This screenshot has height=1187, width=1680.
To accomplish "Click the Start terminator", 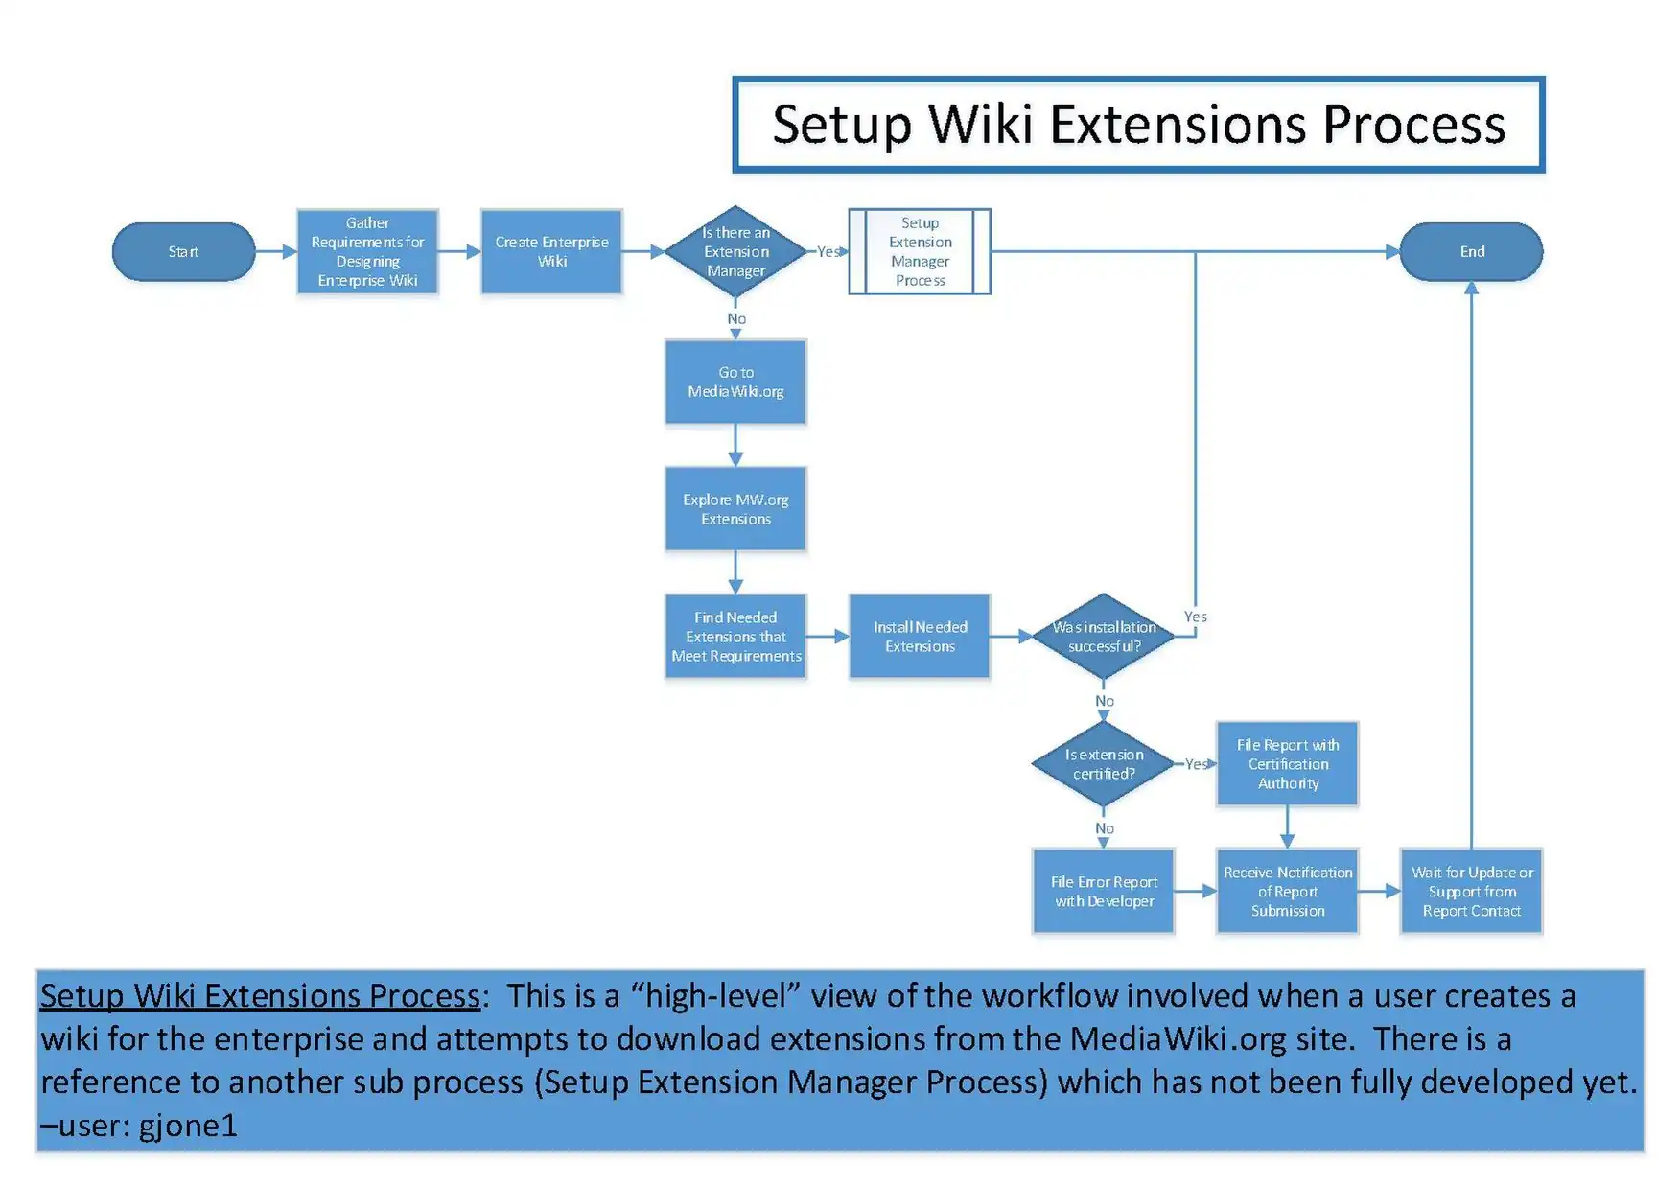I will pyautogui.click(x=183, y=252).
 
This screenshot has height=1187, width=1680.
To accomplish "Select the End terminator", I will pyautogui.click(x=1471, y=252).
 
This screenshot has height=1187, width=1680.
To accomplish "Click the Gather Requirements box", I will pyautogui.click(x=367, y=252).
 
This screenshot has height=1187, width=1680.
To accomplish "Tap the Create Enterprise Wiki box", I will pyautogui.click(x=551, y=252).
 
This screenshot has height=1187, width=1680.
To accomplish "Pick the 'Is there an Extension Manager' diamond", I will pyautogui.click(x=735, y=252).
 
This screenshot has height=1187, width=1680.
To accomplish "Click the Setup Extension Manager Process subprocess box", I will pyautogui.click(x=920, y=252).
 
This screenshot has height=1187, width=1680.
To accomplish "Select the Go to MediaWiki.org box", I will pyautogui.click(x=735, y=382).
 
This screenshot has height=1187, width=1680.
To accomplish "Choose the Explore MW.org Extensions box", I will pyautogui.click(x=735, y=509).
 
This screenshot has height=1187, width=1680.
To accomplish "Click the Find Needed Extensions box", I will pyautogui.click(x=735, y=637).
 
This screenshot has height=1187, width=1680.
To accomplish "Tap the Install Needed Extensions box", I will pyautogui.click(x=920, y=637).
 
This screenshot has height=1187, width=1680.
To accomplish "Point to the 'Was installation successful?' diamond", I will pyautogui.click(x=1104, y=637).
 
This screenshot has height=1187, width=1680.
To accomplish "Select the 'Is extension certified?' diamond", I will pyautogui.click(x=1104, y=764).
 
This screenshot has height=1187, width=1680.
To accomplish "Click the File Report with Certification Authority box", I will pyautogui.click(x=1288, y=764).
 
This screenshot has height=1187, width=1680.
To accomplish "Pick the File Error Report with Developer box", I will pyautogui.click(x=1104, y=892).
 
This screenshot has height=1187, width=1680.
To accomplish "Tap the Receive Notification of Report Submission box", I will pyautogui.click(x=1288, y=892).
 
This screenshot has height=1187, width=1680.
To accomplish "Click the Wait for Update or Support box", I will pyautogui.click(x=1471, y=892).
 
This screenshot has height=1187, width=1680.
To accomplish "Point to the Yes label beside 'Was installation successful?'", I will pyautogui.click(x=1195, y=617).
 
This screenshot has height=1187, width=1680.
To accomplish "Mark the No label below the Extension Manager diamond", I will pyautogui.click(x=736, y=319).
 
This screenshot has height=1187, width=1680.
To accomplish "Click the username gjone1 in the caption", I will pyautogui.click(x=188, y=1125).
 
